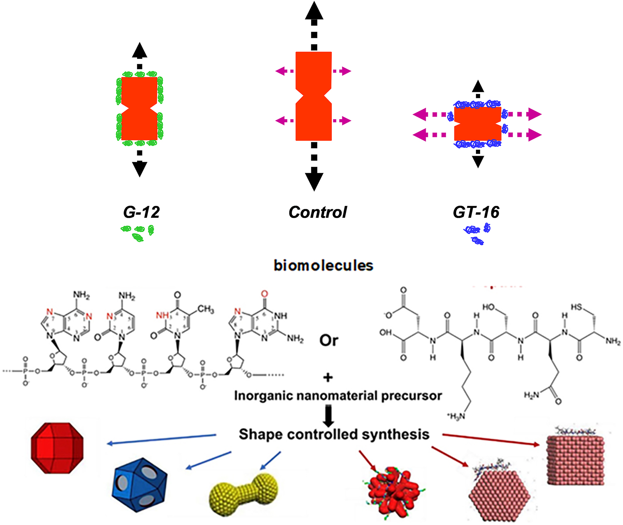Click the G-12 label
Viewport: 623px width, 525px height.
pyautogui.click(x=141, y=212)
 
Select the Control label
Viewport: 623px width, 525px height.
pyautogui.click(x=318, y=212)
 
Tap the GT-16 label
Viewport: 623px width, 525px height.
pyautogui.click(x=476, y=212)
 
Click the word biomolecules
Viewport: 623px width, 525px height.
pyautogui.click(x=323, y=265)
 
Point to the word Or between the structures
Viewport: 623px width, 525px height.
pyautogui.click(x=329, y=340)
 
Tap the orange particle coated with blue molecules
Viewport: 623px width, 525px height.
pyautogui.click(x=478, y=124)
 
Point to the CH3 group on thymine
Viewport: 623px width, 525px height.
pyautogui.click(x=205, y=309)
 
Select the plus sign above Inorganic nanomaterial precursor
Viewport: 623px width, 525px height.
pyautogui.click(x=328, y=378)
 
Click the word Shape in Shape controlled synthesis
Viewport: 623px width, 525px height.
pyautogui.click(x=261, y=435)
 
